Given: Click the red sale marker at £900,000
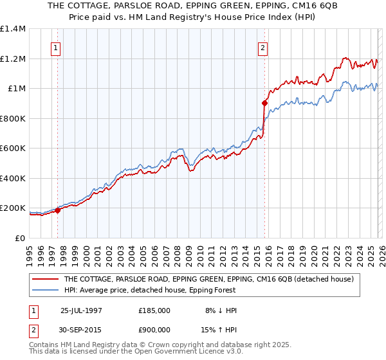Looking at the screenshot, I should (264, 103).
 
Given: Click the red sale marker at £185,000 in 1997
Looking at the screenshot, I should (58, 210).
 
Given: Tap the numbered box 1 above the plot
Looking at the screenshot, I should (56, 47).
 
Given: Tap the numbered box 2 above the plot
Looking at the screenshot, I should (263, 47).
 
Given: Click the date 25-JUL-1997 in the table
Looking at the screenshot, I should (80, 310).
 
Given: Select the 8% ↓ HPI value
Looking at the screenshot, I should (221, 310).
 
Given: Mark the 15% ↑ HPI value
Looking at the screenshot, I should (221, 331).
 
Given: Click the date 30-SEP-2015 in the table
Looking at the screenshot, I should (80, 331).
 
